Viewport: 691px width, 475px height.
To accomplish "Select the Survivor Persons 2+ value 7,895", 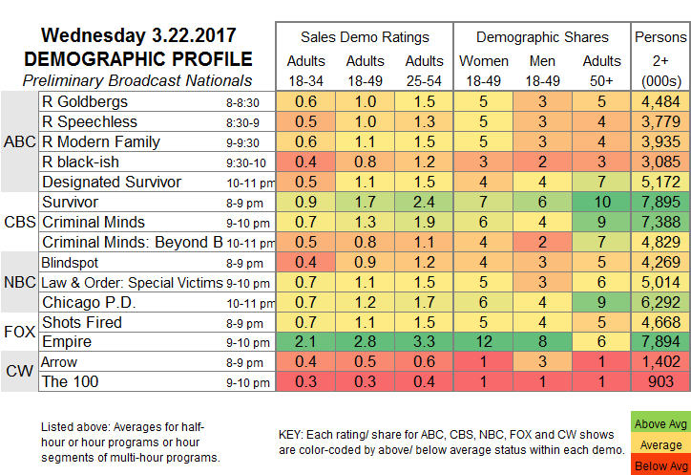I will (x=661, y=202).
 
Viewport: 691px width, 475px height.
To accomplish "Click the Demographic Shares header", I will (x=541, y=37).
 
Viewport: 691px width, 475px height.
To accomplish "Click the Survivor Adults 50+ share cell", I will (x=602, y=202).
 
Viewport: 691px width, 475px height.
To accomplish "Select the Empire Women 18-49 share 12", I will (x=482, y=342).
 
